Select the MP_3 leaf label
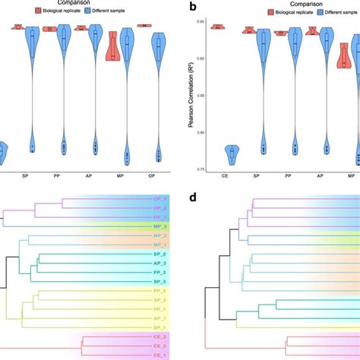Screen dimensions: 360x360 [159, 226]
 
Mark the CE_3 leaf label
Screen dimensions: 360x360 [159, 346]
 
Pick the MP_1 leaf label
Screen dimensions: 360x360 [159, 245]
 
